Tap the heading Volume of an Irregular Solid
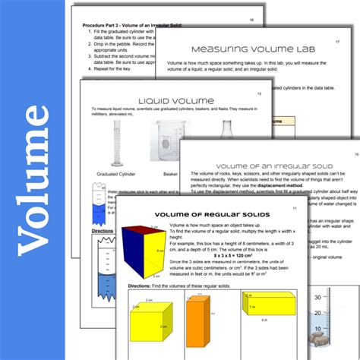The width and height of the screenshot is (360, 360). coord(262,166)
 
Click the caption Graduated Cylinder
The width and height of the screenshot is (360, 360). coord(111,174)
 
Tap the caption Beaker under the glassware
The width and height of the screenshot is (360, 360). coord(169,174)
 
